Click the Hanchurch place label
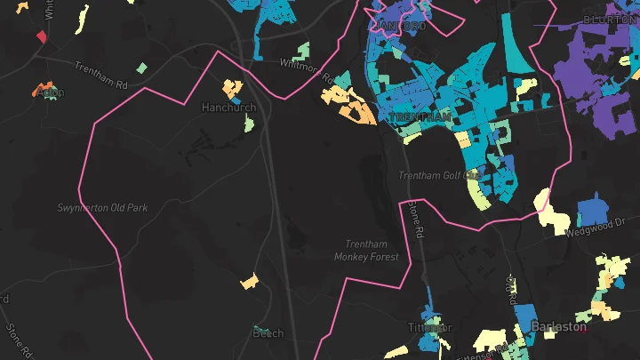228,108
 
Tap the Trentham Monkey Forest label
366,251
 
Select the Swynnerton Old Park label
102,208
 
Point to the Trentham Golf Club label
440,175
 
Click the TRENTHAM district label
421,117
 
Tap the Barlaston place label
559,326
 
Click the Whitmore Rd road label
306,71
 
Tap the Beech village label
268,333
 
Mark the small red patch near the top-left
41,36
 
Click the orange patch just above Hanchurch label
233,88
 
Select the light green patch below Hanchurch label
250,124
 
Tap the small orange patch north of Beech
250,282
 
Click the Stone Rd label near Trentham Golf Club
414,221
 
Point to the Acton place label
51,92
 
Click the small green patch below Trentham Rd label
141,68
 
